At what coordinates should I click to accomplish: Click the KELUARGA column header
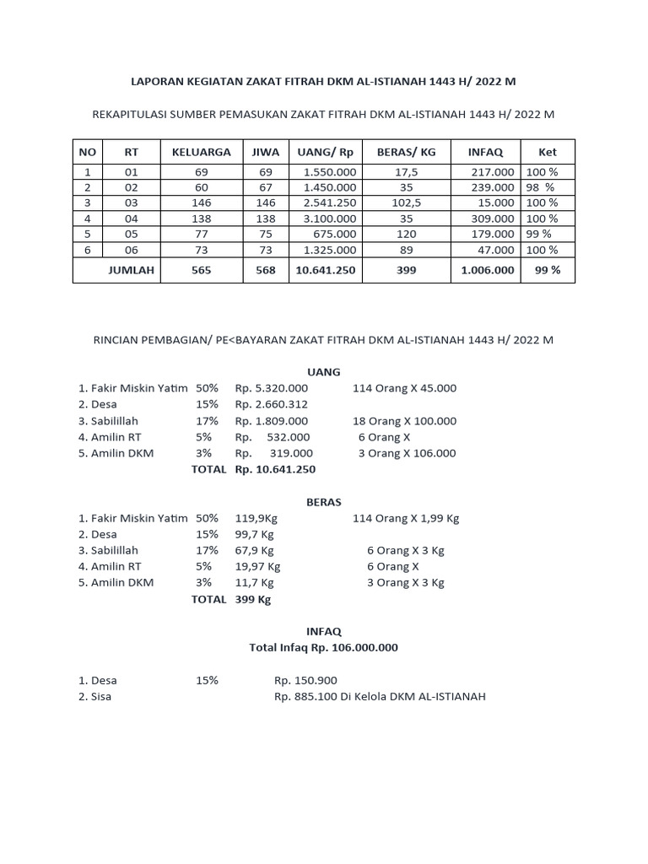201,152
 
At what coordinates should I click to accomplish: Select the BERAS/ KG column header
406,152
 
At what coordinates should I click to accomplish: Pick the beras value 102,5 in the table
406,202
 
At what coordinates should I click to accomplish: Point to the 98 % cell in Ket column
541,187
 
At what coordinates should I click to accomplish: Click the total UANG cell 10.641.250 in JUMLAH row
325,270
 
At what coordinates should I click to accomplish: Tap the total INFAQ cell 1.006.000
487,270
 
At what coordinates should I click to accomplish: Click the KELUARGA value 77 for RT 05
201,234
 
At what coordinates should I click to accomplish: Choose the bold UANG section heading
323,372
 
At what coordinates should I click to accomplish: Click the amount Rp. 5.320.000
272,388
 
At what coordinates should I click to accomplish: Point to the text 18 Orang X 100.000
404,421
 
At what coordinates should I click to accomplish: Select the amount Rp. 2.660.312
272,404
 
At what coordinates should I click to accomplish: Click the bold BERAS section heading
323,502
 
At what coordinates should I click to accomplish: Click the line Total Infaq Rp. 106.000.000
323,648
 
